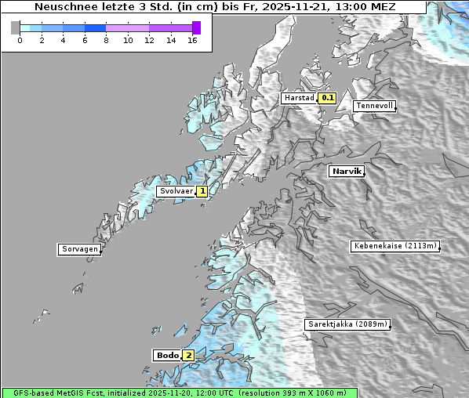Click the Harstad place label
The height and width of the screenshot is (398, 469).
point(299,98)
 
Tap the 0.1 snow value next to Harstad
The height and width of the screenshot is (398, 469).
point(327,98)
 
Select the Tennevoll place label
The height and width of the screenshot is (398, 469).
point(374,106)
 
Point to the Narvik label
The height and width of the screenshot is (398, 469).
point(346,171)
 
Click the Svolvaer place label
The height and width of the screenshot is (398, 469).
point(176,191)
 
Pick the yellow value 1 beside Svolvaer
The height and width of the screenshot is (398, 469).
point(202,191)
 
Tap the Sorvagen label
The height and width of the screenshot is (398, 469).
point(79,249)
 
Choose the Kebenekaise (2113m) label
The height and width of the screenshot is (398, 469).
point(394,246)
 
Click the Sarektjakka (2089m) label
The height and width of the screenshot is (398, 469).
point(347,324)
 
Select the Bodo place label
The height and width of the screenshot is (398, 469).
point(167,355)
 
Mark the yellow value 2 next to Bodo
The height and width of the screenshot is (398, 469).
point(188,355)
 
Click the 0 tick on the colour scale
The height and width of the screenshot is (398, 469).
point(20,40)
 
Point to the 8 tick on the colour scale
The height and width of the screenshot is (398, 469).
point(106,40)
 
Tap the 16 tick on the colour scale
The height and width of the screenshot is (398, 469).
point(192,40)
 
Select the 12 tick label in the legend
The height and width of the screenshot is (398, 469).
point(149,40)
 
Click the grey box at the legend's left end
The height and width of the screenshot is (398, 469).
point(15,27)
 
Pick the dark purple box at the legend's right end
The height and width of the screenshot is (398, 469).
point(196,27)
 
